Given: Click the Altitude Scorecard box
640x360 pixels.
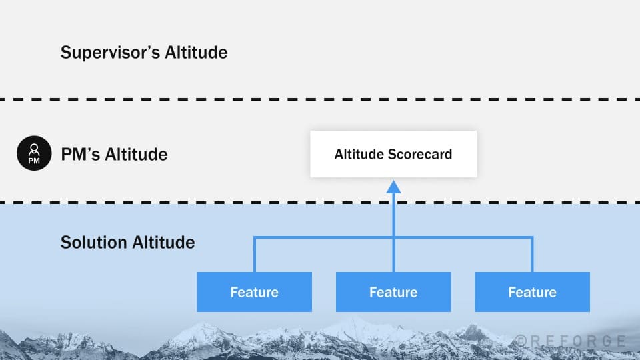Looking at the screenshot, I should click(x=393, y=154).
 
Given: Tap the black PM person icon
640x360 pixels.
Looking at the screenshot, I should click(x=33, y=154).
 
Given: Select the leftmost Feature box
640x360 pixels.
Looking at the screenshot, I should click(x=254, y=292).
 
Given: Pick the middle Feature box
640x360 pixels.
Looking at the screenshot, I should click(x=393, y=292).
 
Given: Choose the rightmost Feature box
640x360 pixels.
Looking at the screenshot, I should click(x=532, y=292).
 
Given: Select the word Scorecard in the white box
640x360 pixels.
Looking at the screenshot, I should click(x=421, y=155).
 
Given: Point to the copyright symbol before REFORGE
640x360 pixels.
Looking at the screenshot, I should click(x=522, y=341).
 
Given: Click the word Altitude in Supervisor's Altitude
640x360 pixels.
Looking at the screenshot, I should click(x=195, y=52).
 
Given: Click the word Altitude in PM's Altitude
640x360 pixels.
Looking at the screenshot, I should click(x=137, y=155).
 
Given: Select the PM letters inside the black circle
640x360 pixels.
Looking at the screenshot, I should click(x=33, y=161).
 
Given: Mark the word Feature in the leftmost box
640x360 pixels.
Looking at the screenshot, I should click(x=254, y=292).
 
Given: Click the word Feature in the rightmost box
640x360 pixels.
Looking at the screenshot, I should click(x=532, y=292).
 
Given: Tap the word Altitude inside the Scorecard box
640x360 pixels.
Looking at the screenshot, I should click(x=359, y=155).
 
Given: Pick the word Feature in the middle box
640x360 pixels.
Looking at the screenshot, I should click(x=393, y=292).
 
